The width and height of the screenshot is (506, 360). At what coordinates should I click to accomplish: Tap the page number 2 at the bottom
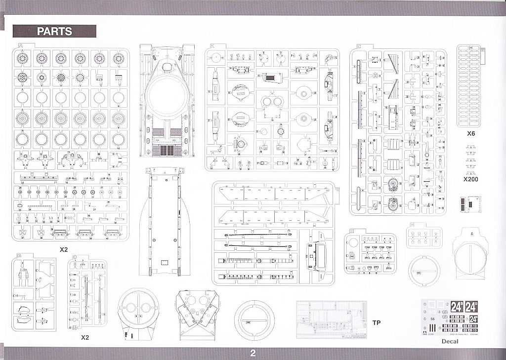[x=253, y=353]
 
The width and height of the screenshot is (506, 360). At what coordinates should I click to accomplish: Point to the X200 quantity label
[x=472, y=180]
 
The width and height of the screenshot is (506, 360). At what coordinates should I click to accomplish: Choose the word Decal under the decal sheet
[x=451, y=341]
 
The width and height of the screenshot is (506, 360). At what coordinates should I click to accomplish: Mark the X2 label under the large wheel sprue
[x=63, y=249]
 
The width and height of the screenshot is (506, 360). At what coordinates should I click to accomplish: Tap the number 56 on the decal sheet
[x=433, y=320]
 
